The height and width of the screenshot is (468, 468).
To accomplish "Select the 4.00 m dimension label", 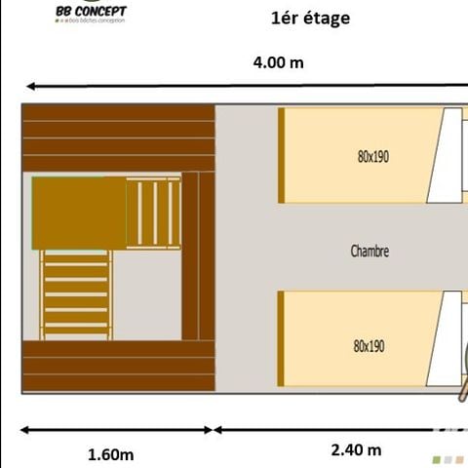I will (278, 62).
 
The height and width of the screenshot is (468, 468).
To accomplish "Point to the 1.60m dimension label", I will (111, 453).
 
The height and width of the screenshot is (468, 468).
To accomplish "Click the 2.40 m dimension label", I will (356, 449).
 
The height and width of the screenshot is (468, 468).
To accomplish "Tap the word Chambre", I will (370, 251).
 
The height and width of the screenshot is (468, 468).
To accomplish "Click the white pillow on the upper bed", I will (446, 156).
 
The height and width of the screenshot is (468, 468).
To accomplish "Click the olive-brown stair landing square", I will (80, 213).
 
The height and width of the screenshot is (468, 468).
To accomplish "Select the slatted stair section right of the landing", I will (155, 213).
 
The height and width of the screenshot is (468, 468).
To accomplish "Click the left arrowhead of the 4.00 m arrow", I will (30, 86).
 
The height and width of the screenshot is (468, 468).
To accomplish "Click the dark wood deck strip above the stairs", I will (117, 136).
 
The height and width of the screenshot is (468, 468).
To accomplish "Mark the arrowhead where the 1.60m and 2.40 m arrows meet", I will (214, 429).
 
